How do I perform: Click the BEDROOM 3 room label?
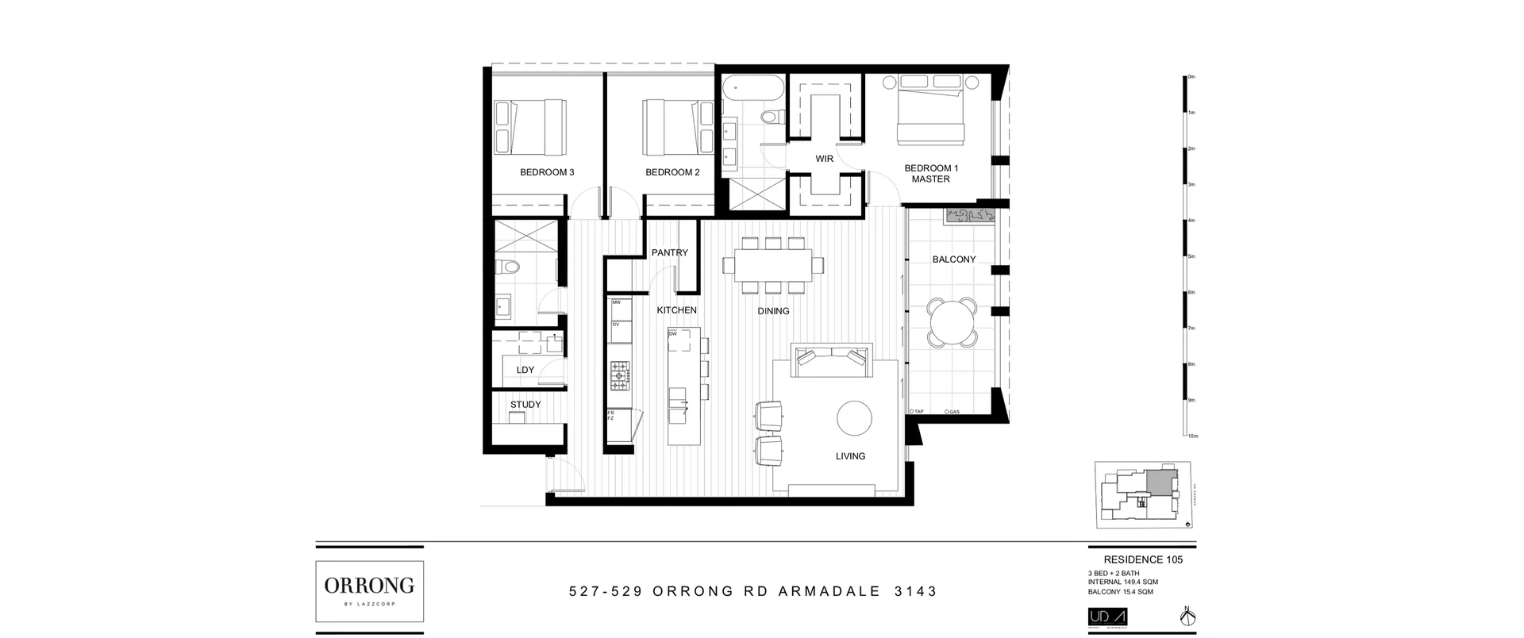click(x=547, y=172)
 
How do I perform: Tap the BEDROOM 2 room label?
click(x=672, y=172)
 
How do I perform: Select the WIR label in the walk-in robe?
click(x=825, y=159)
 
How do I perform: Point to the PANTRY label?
click(x=670, y=253)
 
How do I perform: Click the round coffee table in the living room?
click(x=854, y=418)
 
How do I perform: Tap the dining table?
click(x=773, y=264)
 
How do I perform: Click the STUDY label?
click(x=525, y=405)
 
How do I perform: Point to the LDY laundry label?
click(x=525, y=370)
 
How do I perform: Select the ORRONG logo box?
click(x=369, y=591)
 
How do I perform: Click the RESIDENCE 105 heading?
click(x=1143, y=559)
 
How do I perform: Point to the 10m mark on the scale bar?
click(x=1192, y=436)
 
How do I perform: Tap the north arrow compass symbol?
click(x=1188, y=617)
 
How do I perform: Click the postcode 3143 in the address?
click(x=915, y=591)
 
